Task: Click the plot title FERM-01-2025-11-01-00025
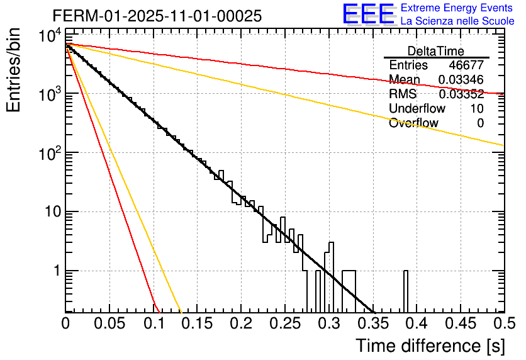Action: [157, 16]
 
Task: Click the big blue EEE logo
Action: [368, 14]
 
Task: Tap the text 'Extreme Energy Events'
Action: [457, 8]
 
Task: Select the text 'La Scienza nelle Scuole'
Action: [457, 21]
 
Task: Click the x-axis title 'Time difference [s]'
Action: [429, 346]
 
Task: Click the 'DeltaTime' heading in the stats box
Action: [436, 51]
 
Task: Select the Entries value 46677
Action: [466, 65]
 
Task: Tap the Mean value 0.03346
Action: [461, 80]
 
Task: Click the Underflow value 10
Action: [477, 109]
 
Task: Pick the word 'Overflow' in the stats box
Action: [413, 123]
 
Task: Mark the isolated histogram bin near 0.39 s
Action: [406, 291]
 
